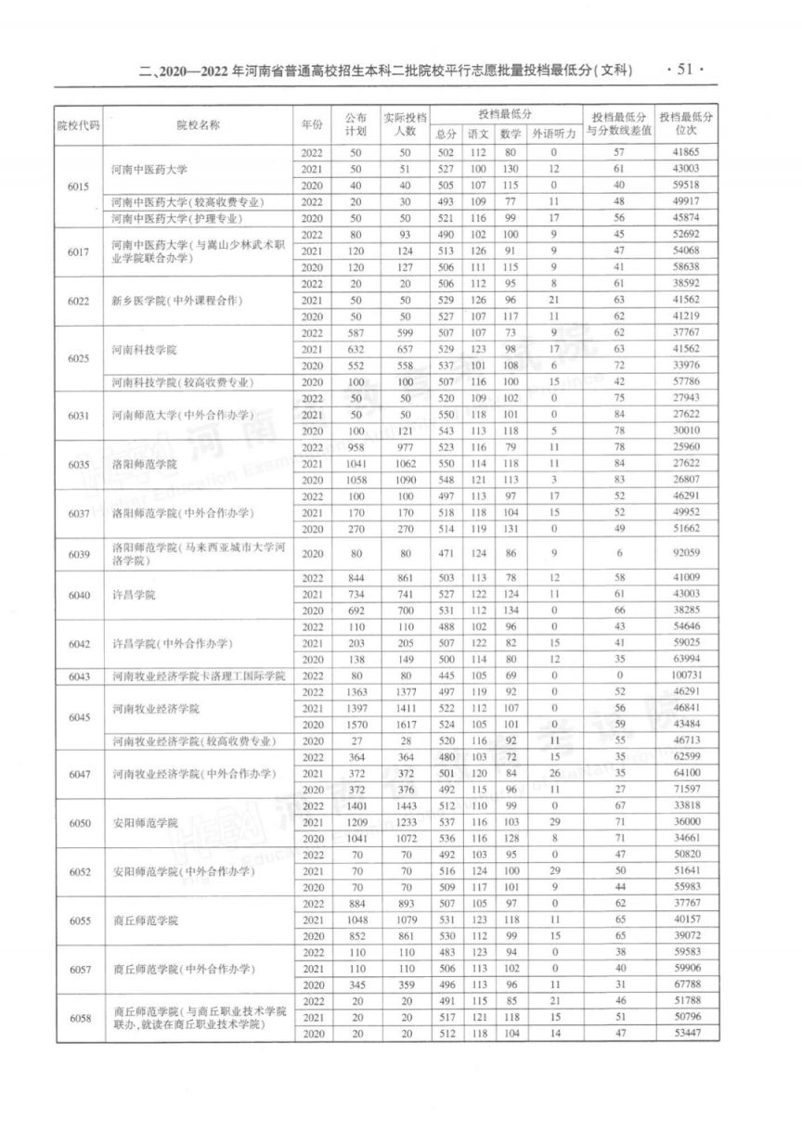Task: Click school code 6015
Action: coord(78,187)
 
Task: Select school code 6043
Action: coord(78,675)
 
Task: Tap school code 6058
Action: coord(78,1018)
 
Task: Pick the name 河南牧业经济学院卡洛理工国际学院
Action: coord(199,675)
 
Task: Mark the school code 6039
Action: coord(78,553)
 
